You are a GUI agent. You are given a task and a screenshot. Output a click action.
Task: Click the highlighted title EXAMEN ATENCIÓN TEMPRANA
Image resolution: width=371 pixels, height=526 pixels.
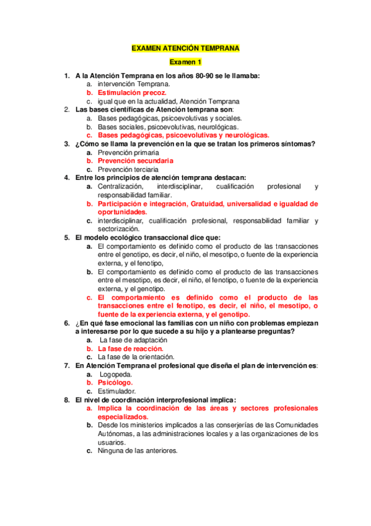tap(186, 48)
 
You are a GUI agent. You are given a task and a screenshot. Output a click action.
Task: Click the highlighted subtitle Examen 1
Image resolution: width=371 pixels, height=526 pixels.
tap(186, 63)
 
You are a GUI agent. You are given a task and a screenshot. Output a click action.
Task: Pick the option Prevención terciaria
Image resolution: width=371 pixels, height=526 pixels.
tap(128, 169)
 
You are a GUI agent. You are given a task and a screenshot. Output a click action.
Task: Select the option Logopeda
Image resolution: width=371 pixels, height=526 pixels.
tap(115, 375)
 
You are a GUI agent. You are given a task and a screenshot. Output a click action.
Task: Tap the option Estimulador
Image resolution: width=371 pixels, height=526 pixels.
tap(117, 391)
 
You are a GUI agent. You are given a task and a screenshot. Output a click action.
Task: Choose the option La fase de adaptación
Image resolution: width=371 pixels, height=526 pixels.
tap(133, 340)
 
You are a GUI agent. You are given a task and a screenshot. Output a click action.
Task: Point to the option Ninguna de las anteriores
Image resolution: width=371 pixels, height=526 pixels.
tap(137, 451)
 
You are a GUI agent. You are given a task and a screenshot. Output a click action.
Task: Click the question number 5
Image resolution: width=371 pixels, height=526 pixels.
tap(66, 237)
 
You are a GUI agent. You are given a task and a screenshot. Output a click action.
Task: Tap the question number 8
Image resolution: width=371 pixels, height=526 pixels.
tap(66, 400)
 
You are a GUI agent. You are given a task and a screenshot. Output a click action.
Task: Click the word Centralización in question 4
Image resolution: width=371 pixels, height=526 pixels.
tap(121, 186)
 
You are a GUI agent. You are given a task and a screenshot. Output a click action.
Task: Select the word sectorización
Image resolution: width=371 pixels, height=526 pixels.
tap(119, 229)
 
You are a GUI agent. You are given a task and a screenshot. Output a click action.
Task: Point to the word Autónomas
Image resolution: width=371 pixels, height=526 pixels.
tap(116, 434)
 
